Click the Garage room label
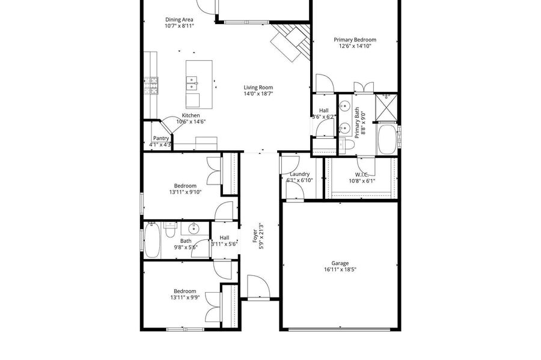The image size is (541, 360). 340,263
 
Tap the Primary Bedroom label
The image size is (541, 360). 355,40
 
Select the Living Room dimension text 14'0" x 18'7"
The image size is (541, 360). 258,93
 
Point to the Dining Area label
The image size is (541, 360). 179,20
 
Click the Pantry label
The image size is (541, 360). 161,138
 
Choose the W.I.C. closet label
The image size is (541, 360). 362,174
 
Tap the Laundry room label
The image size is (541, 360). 299,174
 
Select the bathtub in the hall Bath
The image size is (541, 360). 152,240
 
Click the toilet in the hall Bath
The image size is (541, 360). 170,230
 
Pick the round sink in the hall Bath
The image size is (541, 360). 194,228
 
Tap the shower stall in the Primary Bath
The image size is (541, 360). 386,107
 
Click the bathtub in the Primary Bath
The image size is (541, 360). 387,139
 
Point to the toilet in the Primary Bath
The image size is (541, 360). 346,144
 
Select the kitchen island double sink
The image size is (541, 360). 192,83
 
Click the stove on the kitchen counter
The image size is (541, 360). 151,86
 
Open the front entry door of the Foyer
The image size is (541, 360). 258,286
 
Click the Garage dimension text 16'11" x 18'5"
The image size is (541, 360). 340,269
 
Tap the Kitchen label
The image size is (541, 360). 191,115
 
